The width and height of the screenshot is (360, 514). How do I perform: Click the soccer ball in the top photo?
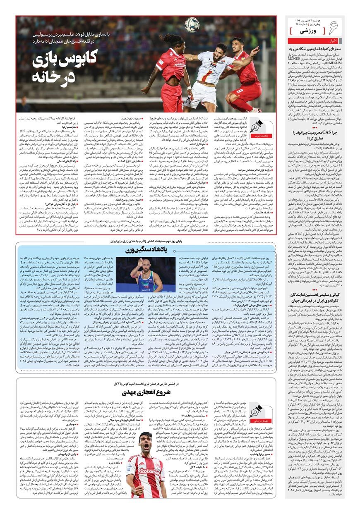(192, 24)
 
